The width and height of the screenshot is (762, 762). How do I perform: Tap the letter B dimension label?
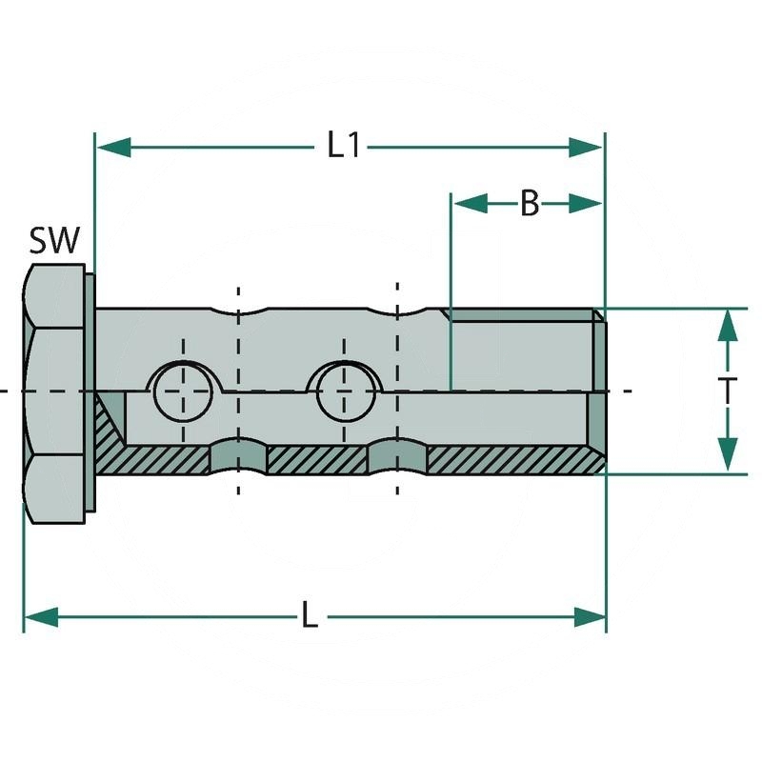tap(530, 203)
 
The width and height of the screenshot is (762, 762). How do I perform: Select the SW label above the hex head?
tap(54, 241)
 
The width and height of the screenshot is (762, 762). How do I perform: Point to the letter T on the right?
tap(728, 391)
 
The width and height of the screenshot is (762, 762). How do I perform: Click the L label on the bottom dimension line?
tap(309, 616)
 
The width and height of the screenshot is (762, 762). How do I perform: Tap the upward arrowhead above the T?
tap(728, 327)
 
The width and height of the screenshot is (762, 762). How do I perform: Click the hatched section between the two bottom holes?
tap(318, 461)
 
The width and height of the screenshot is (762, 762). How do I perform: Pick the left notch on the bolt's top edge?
tap(238, 313)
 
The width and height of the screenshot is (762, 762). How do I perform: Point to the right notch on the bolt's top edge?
tap(396, 313)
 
